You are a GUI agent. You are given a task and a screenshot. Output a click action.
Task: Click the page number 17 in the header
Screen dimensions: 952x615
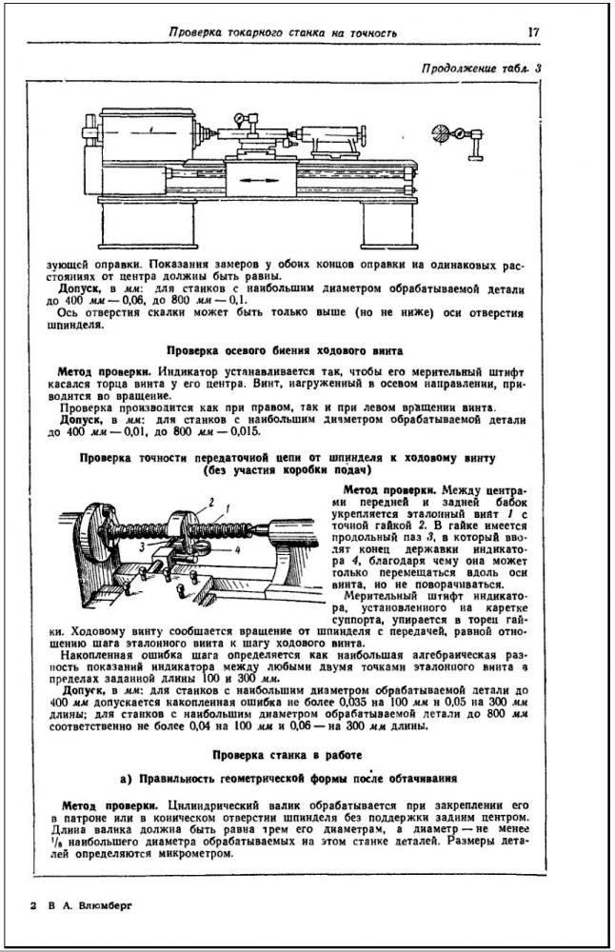535,32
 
